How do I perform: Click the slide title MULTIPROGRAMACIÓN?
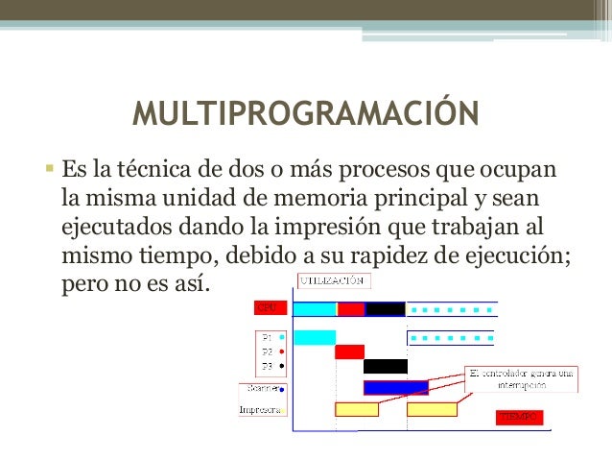pyautogui.click(x=305, y=112)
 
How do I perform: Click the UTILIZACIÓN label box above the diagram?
pyautogui.click(x=333, y=281)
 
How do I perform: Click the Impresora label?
pyautogui.click(x=260, y=409)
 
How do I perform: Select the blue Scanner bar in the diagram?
pyautogui.click(x=395, y=388)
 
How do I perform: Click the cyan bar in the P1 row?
pyautogui.click(x=314, y=338)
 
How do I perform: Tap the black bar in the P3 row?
pyautogui.click(x=386, y=366)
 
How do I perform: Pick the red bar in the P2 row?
pyautogui.click(x=349, y=351)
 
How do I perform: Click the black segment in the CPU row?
pyautogui.click(x=386, y=309)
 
